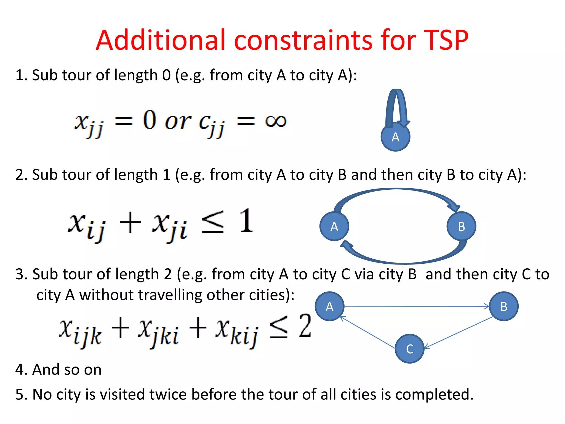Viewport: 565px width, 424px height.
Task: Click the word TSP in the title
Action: pos(446,40)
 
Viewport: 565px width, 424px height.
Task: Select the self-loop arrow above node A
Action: pos(397,108)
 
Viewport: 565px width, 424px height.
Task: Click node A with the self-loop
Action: pos(395,137)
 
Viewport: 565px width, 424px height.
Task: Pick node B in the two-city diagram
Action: pos(461,226)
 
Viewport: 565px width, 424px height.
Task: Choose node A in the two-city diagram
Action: pos(334,226)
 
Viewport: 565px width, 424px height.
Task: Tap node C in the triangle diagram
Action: pos(410,349)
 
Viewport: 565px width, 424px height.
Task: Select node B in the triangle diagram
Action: pos(504,306)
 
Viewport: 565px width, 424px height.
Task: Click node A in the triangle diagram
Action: pos(329,306)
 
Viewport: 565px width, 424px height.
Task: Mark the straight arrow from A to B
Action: pos(417,306)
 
